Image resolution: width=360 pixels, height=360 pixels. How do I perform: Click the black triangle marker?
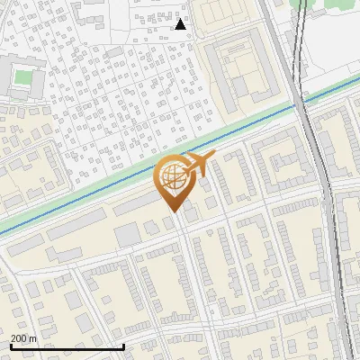click(181, 24)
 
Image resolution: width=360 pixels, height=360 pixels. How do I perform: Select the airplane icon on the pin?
click(197, 165)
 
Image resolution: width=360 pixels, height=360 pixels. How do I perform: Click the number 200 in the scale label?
click(17, 338)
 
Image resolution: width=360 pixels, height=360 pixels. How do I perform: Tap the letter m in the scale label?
click(32, 338)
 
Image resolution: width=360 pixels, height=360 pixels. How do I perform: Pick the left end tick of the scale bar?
click(10, 346)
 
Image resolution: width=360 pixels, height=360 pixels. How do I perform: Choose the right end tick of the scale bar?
click(123, 346)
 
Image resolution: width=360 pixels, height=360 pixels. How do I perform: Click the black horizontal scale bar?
click(67, 346)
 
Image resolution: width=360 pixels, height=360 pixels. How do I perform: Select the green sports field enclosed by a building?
click(23, 76)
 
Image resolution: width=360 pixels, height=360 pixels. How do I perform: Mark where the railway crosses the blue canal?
click(300, 104)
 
